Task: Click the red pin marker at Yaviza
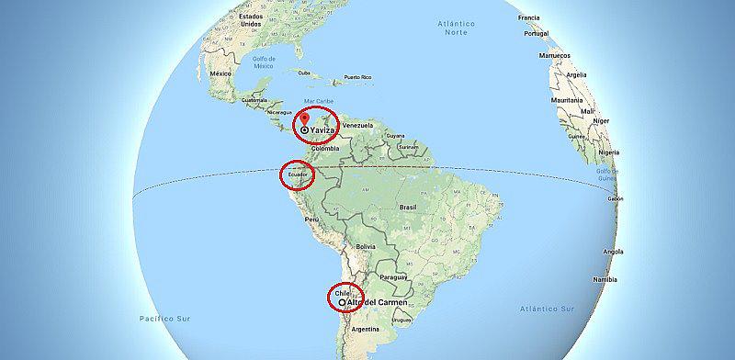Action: point(305,120)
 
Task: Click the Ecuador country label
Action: point(299,174)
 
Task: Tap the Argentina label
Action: point(366,328)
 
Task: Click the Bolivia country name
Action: point(366,246)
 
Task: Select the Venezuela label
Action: point(356,125)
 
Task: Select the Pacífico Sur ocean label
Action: point(158,317)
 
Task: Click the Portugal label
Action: point(536,33)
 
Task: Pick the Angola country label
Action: point(613,251)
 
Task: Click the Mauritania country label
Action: point(567,99)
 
